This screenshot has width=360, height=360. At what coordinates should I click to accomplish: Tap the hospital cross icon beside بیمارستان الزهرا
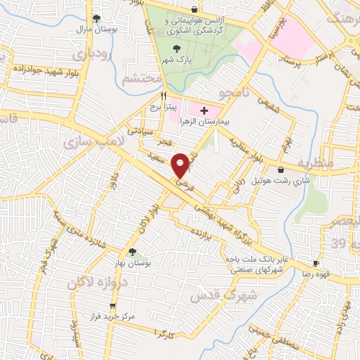(204, 110)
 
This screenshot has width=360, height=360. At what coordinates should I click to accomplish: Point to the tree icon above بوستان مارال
(97, 19)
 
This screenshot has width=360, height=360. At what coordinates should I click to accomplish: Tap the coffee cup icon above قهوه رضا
(316, 263)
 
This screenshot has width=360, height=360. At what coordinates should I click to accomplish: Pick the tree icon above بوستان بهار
(131, 251)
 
